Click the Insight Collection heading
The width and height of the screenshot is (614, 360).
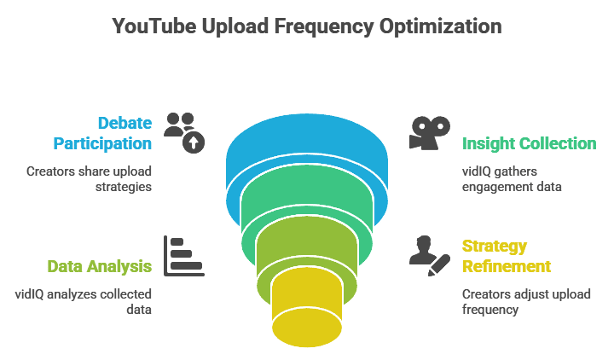tap(529, 142)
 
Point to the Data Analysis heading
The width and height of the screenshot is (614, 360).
tap(99, 266)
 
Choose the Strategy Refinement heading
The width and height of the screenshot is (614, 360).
tap(507, 256)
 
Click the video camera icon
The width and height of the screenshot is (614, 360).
tap(430, 132)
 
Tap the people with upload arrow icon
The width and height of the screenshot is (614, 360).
tap(184, 131)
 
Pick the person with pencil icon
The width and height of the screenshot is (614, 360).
tap(429, 254)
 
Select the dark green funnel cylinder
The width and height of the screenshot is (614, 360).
tap(306, 205)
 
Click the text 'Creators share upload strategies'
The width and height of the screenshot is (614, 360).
tap(89, 178)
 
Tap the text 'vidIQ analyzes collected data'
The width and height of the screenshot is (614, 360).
tap(84, 302)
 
